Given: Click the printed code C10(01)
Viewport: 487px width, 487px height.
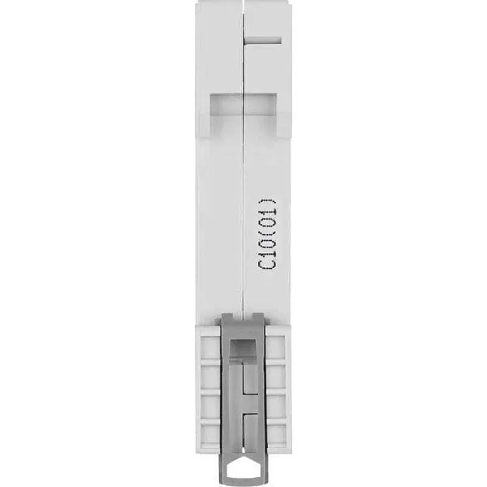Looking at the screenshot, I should (268, 233).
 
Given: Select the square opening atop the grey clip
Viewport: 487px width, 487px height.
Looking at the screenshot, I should (242, 348).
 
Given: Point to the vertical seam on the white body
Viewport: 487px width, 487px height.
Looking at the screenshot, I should (243, 203).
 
